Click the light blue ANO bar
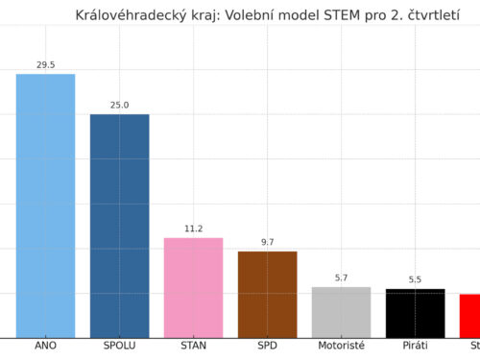45,205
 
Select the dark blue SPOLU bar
119,226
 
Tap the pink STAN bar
193,287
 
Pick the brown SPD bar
267,294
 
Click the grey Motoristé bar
341,312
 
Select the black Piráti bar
415,313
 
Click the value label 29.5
45,65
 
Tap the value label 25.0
119,106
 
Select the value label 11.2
193,229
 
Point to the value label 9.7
267,243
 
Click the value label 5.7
341,278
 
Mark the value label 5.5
415,280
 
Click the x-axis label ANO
45,347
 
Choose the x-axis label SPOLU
119,347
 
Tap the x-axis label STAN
193,347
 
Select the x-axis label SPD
267,347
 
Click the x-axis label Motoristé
341,347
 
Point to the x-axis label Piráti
415,347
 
